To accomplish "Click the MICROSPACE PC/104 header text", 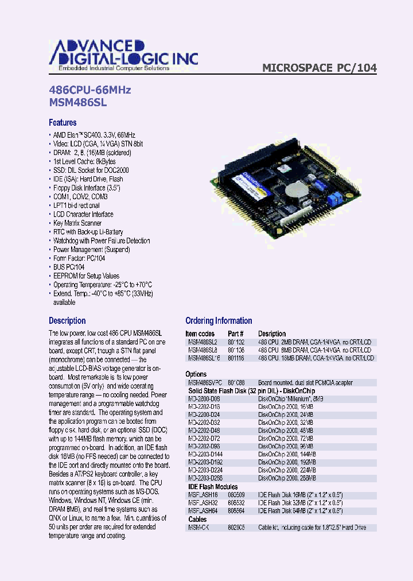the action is [x=320, y=68].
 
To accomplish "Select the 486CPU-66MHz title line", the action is [x=90, y=90].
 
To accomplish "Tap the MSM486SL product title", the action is [x=78, y=103].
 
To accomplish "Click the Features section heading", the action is [x=63, y=122].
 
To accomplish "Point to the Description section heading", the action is [x=67, y=321].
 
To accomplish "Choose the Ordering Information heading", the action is [x=219, y=321].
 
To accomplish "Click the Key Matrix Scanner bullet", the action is [x=77, y=223].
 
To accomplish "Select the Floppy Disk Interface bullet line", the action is [x=86, y=188].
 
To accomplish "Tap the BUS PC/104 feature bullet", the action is [x=69, y=267].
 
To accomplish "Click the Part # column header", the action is [x=236, y=334].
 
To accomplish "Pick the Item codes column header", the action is [x=200, y=334].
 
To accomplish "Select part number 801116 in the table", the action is [x=236, y=358].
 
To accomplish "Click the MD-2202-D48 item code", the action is [x=204, y=430].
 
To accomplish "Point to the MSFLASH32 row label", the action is [x=203, y=502].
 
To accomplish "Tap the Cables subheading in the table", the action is [x=198, y=518].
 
